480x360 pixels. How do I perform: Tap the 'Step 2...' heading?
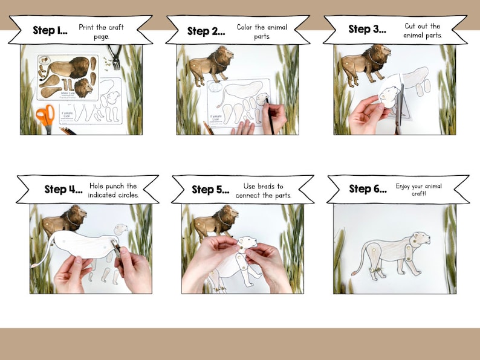click(x=206, y=31)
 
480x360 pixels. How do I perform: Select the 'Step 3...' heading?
click(x=368, y=30)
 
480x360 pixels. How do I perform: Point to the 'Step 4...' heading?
click(x=63, y=189)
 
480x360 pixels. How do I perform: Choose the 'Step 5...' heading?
click(x=211, y=190)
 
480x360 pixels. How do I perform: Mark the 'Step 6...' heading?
click(x=368, y=189)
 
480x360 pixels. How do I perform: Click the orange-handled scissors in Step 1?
click(x=45, y=116)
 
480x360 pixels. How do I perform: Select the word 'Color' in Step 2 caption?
click(x=247, y=27)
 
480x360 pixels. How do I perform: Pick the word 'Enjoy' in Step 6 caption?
click(x=404, y=187)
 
